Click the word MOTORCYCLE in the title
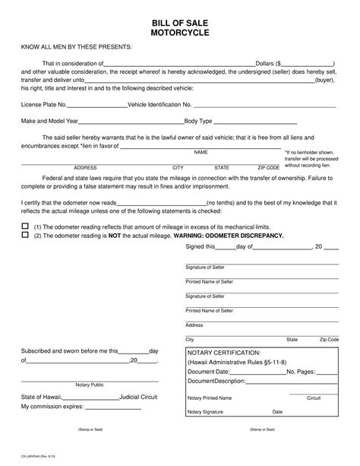180,33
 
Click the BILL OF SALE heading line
180,22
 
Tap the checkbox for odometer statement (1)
24,227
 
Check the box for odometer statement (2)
24,236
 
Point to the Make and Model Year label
49,122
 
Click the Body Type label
202,122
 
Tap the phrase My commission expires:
53,407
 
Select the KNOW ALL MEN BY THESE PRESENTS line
71,47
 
